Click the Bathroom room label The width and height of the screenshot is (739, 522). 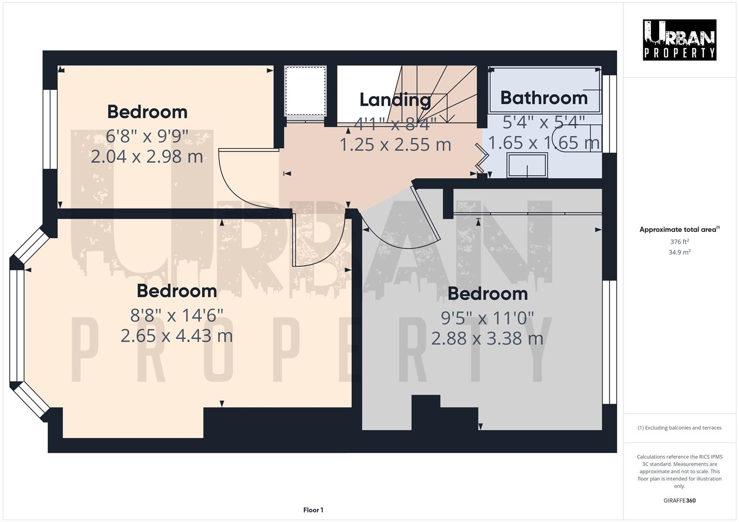pyautogui.click(x=544, y=98)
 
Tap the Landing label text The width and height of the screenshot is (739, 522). pyautogui.click(x=395, y=100)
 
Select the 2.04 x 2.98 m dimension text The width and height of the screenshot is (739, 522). pyautogui.click(x=147, y=157)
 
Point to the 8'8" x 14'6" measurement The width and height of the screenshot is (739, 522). pyautogui.click(x=177, y=316)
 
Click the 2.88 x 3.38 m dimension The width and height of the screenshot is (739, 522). pyautogui.click(x=487, y=338)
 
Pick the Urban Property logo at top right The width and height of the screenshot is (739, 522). pyautogui.click(x=679, y=40)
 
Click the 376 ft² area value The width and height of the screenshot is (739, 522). pyautogui.click(x=679, y=242)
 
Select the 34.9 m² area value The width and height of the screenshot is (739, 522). pyautogui.click(x=679, y=252)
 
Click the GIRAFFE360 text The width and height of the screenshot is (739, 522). pyautogui.click(x=679, y=501)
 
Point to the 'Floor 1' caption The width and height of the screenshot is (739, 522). pyautogui.click(x=313, y=510)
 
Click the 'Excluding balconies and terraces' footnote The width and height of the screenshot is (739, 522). pyautogui.click(x=679, y=428)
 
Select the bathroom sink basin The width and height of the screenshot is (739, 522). pyautogui.click(x=527, y=165)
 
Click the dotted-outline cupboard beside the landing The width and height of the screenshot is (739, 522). pyautogui.click(x=305, y=92)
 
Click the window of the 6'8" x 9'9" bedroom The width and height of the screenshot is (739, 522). pyautogui.click(x=50, y=129)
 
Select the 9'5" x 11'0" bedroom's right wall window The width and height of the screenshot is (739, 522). pyautogui.click(x=609, y=342)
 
